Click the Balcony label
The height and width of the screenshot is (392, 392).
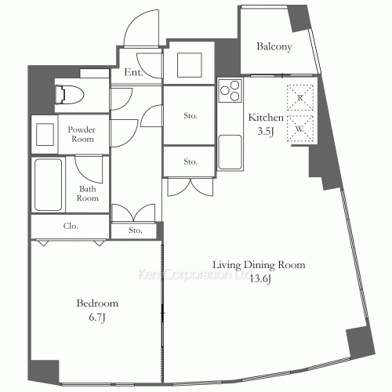click(274, 47)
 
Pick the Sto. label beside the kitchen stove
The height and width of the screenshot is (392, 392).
click(190, 115)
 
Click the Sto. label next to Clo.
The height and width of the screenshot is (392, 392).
click(135, 230)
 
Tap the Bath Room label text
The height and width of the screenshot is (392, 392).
click(87, 194)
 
